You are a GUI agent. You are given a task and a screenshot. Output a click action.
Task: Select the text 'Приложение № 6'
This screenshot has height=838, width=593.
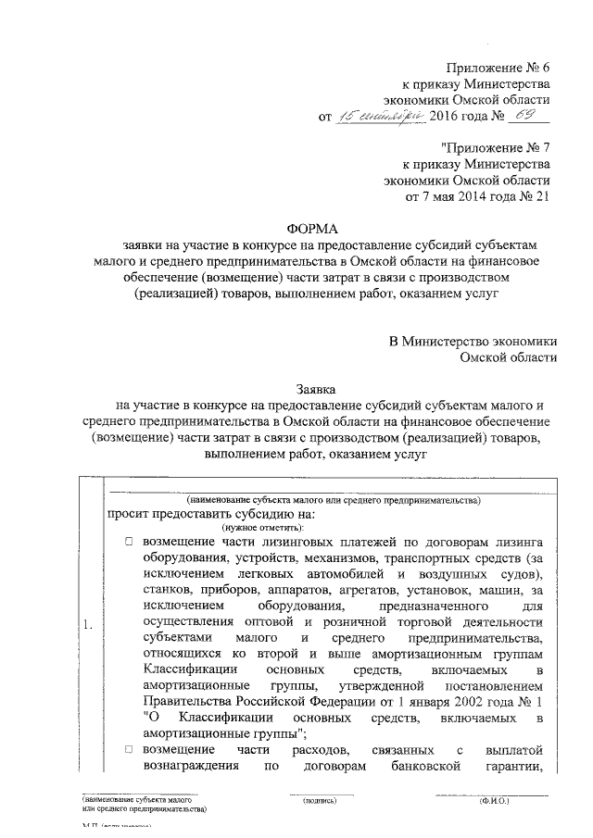point(498,68)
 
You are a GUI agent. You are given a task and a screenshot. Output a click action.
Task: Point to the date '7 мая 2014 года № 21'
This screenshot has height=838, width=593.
point(478,196)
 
